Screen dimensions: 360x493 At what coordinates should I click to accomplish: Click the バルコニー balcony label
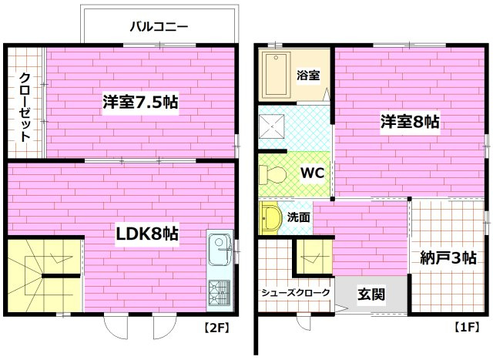point(159,25)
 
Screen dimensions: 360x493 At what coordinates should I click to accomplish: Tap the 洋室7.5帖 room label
point(141,103)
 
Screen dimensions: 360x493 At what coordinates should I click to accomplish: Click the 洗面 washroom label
point(300,217)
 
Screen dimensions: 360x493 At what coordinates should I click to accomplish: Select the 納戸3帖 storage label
point(449,257)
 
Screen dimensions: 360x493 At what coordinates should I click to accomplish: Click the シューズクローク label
point(296,293)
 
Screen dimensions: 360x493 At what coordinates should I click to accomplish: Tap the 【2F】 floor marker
point(216,327)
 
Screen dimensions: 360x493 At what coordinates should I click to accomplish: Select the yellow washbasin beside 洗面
point(270,218)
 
